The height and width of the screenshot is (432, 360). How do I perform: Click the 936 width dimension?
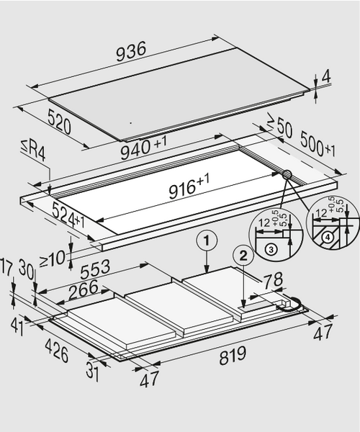(x=131, y=52)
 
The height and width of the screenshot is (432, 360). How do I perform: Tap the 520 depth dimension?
(x=59, y=121)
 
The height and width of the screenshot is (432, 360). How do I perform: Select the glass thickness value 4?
(x=326, y=76)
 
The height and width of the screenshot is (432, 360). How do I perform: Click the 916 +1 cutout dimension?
(x=189, y=186)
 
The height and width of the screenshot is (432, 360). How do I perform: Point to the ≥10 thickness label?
(x=53, y=259)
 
